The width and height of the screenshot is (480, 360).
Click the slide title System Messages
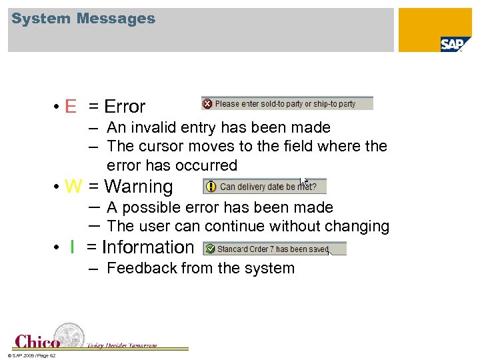[83, 19]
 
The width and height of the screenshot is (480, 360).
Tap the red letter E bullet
[71, 107]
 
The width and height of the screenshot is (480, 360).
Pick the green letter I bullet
[71, 247]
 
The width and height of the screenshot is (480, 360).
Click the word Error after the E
[125, 107]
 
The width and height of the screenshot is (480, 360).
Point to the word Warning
[139, 187]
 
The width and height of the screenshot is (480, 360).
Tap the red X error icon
[207, 104]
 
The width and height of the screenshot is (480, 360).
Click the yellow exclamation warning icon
[211, 187]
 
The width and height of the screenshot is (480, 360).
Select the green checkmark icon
[210, 249]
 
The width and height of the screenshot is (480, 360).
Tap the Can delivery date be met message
[268, 187]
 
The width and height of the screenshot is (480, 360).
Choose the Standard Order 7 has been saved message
[273, 249]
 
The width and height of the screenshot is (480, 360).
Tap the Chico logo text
[37, 341]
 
